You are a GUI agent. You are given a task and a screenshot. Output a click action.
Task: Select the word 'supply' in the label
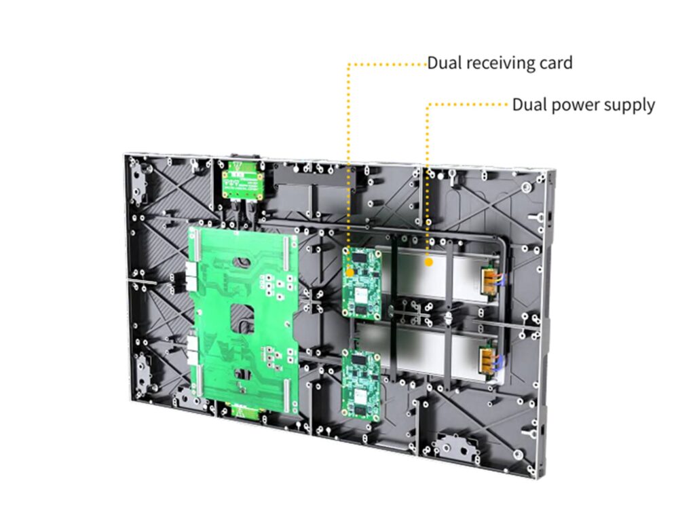coord(631,106)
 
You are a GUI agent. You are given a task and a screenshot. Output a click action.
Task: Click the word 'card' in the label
coord(555,64)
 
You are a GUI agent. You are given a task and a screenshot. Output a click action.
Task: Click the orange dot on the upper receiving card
coord(350,272)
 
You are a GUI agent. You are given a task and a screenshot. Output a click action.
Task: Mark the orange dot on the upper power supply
coord(429,261)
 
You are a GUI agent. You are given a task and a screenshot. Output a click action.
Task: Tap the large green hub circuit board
coord(243,319)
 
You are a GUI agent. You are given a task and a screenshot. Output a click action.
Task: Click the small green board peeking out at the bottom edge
coord(240,411)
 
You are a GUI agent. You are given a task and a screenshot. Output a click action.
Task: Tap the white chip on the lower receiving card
coord(360,393)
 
